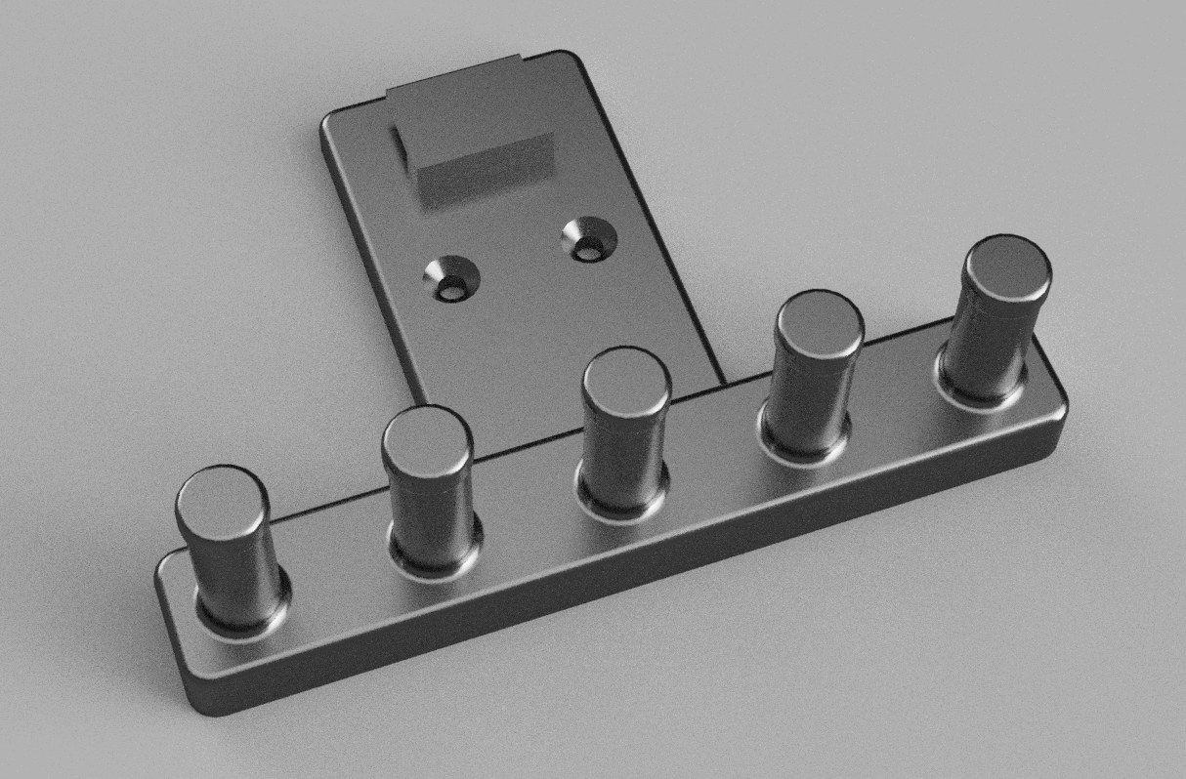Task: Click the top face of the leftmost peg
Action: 222,501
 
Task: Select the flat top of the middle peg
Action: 626,381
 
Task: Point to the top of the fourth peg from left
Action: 819,323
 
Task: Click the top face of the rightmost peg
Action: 1007,266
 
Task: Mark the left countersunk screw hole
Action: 450,283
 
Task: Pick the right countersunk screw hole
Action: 588,242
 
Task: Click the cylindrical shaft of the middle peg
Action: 624,454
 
